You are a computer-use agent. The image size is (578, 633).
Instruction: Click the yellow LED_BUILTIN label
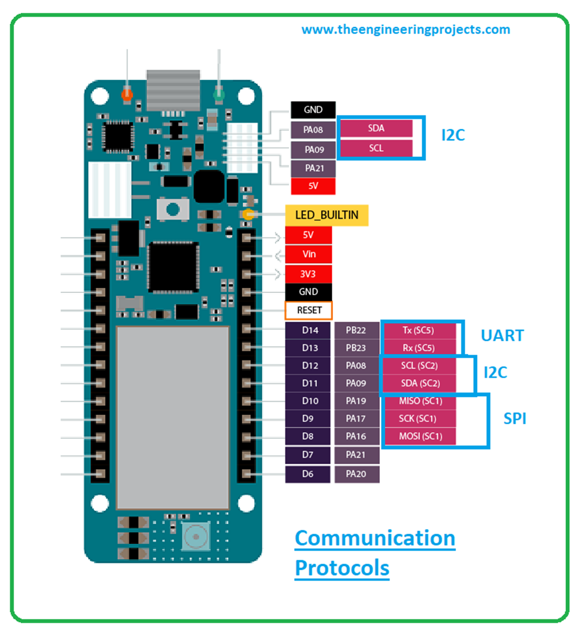click(327, 216)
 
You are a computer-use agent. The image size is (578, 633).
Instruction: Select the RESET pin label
click(308, 310)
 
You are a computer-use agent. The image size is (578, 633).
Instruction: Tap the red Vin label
click(308, 254)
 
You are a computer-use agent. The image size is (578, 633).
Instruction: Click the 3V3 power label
click(308, 274)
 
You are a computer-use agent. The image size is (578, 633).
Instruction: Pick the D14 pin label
click(308, 331)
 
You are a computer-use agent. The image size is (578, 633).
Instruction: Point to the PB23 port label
click(357, 348)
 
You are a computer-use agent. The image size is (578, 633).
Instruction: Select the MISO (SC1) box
click(419, 401)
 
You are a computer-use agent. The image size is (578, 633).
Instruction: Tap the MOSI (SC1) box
click(419, 436)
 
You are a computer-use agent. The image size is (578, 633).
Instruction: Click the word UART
click(502, 336)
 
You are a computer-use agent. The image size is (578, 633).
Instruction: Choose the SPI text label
click(515, 419)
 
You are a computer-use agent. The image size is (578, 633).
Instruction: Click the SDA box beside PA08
click(376, 128)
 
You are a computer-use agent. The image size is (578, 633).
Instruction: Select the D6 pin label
click(308, 474)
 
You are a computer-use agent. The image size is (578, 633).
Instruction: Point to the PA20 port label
click(357, 474)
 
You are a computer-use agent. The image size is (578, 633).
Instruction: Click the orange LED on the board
click(128, 94)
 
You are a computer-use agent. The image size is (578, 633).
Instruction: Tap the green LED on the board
click(218, 94)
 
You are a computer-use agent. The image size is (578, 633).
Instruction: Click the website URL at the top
click(406, 30)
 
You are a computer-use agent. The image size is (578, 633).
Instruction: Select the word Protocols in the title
click(342, 568)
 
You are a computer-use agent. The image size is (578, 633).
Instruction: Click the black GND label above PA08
click(313, 110)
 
